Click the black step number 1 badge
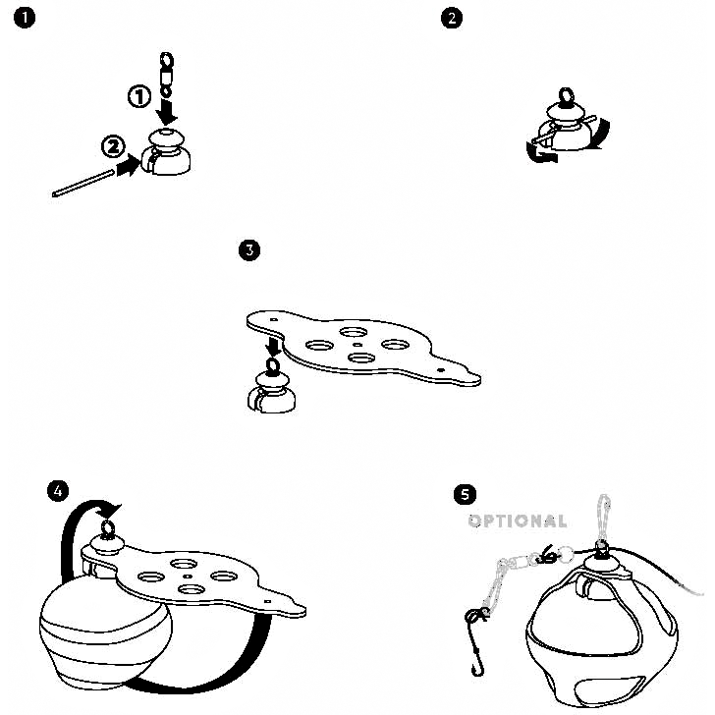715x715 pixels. (25, 19)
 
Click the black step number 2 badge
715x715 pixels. (452, 19)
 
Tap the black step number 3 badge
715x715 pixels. (249, 249)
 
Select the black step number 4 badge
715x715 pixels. (58, 491)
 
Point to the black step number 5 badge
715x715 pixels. (465, 494)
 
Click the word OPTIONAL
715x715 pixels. (518, 521)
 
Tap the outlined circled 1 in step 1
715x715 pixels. (139, 96)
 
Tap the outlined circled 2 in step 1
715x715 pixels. (113, 147)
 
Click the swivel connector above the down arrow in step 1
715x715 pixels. (166, 75)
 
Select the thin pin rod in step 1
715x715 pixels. (82, 183)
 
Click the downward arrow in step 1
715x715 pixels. (167, 112)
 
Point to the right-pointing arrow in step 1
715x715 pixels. (129, 165)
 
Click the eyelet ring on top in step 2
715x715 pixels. (566, 96)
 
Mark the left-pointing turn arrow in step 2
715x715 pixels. (541, 153)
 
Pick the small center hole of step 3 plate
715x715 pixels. (357, 345)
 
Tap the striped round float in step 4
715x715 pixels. (106, 632)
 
